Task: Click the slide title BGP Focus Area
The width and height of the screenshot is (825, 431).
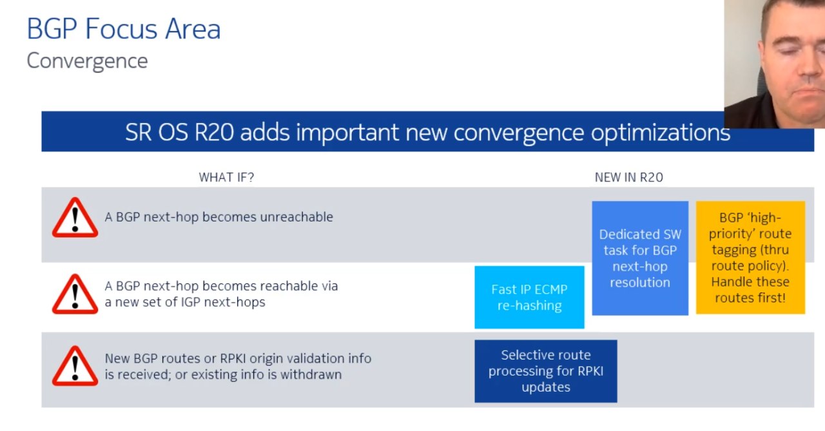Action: (x=124, y=29)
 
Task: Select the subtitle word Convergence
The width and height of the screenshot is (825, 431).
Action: (x=87, y=61)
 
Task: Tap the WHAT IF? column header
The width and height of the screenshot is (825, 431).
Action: (x=226, y=177)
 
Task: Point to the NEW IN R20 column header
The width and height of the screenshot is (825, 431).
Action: (x=628, y=177)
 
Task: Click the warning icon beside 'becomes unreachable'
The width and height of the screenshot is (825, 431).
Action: (x=75, y=218)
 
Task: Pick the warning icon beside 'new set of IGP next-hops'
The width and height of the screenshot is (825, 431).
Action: (x=75, y=294)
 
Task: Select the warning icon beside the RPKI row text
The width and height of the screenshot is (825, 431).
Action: (x=75, y=366)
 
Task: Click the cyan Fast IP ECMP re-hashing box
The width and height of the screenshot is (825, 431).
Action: (x=529, y=297)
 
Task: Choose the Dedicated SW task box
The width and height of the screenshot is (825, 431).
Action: (x=640, y=258)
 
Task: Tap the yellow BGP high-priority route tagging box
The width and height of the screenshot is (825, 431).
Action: (x=750, y=257)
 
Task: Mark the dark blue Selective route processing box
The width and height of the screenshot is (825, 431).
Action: (x=546, y=371)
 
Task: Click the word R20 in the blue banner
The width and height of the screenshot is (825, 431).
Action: (x=214, y=132)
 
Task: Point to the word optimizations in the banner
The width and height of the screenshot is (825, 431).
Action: (x=661, y=133)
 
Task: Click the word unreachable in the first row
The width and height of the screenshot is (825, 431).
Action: (x=296, y=216)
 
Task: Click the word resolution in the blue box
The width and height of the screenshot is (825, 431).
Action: (x=640, y=282)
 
